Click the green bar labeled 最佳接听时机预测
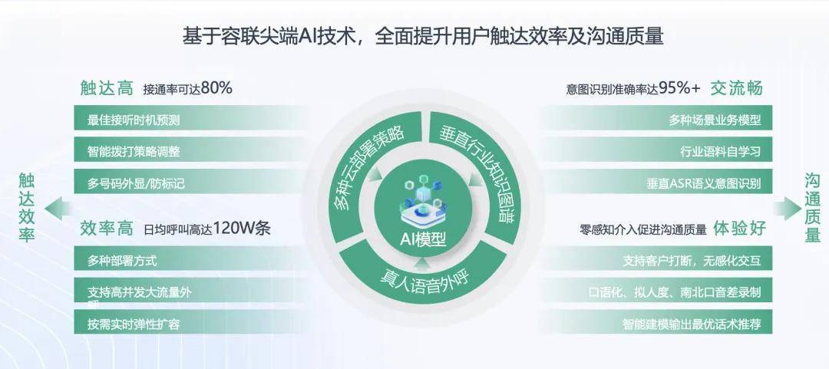point(190,120)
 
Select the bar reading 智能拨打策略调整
point(190,151)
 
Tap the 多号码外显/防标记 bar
point(190,183)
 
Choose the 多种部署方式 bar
point(190,260)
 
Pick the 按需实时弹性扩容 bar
point(190,323)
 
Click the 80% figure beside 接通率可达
point(216,88)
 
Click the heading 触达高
point(107,87)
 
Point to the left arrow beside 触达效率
point(58,209)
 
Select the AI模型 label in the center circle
point(422,239)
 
